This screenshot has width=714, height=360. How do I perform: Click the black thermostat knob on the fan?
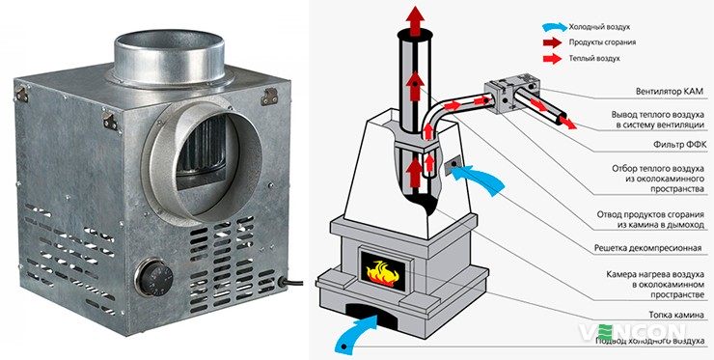tap(154, 278)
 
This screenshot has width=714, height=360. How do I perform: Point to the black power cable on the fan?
tap(291, 283)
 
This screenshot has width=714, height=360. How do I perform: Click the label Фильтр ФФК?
tap(681, 145)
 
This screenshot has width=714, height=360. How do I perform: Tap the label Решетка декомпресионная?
tap(649, 249)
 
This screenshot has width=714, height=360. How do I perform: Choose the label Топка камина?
tap(676, 315)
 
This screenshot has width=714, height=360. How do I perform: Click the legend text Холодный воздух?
tap(599, 27)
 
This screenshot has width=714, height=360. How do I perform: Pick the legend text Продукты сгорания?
tap(602, 42)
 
